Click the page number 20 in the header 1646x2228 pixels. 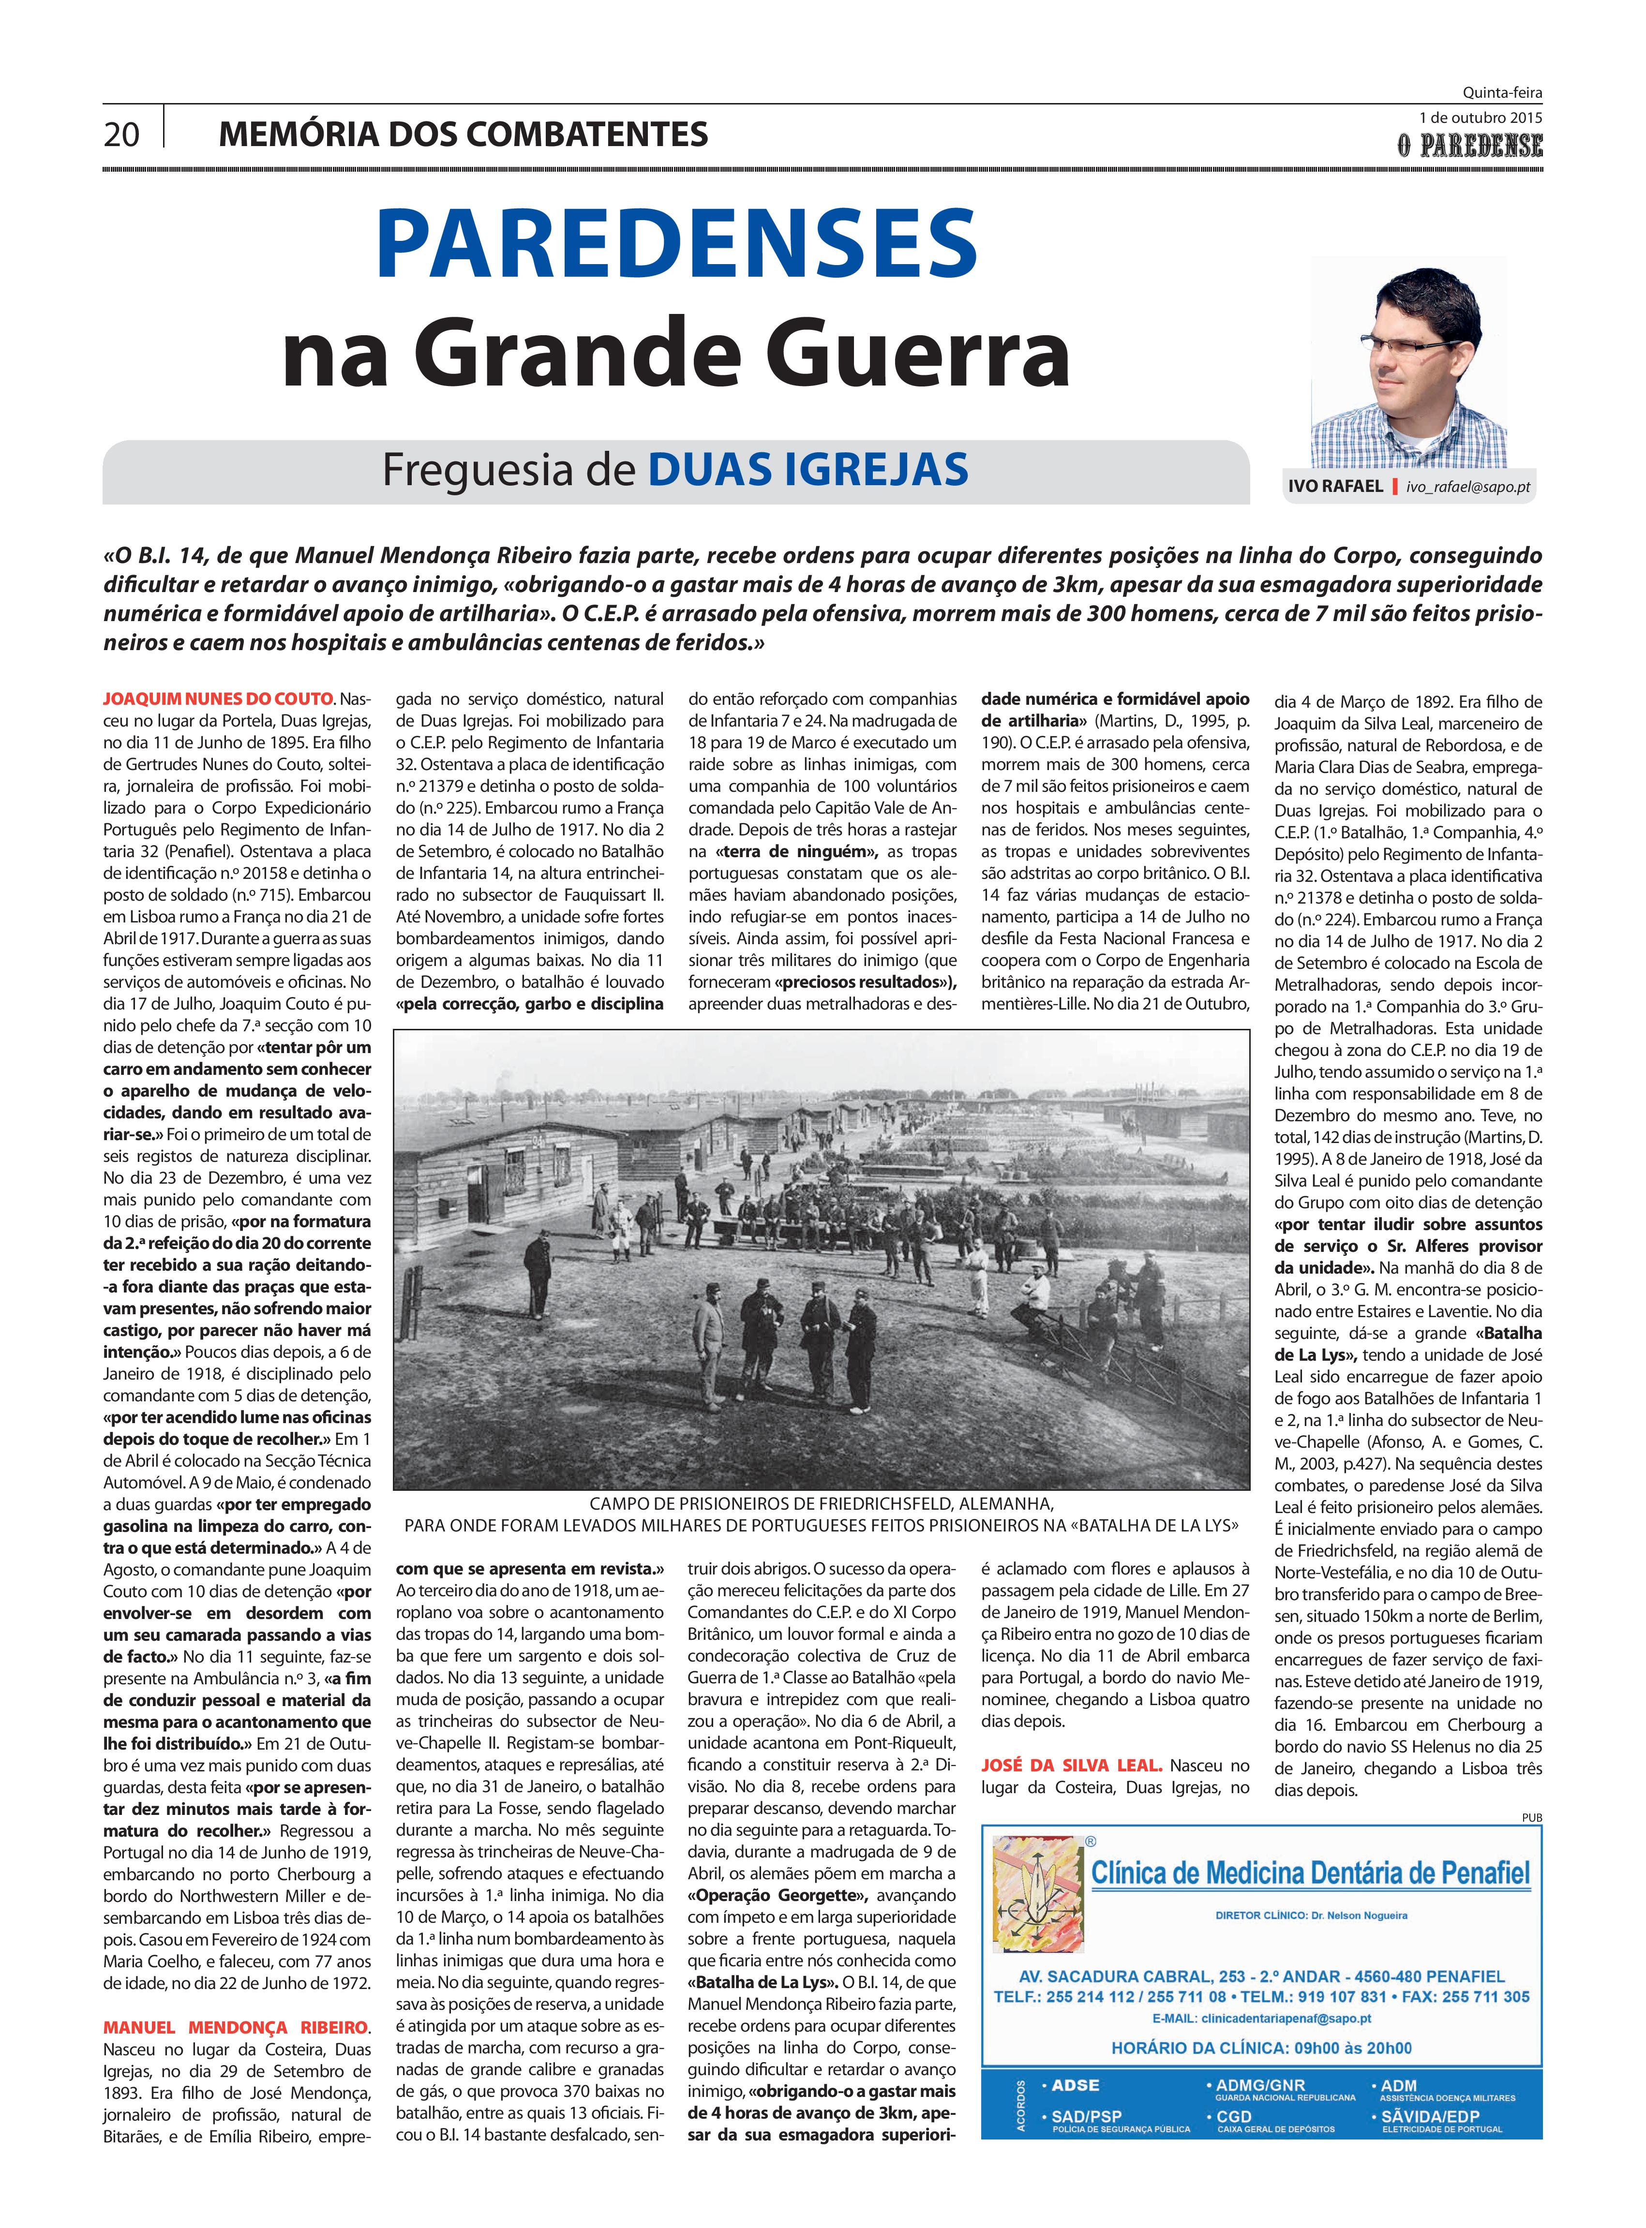[x=121, y=134]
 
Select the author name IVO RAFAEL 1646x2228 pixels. [x=1335, y=487]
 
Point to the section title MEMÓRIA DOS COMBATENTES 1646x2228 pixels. [x=464, y=134]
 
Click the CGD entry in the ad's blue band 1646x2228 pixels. [x=1236, y=2116]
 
